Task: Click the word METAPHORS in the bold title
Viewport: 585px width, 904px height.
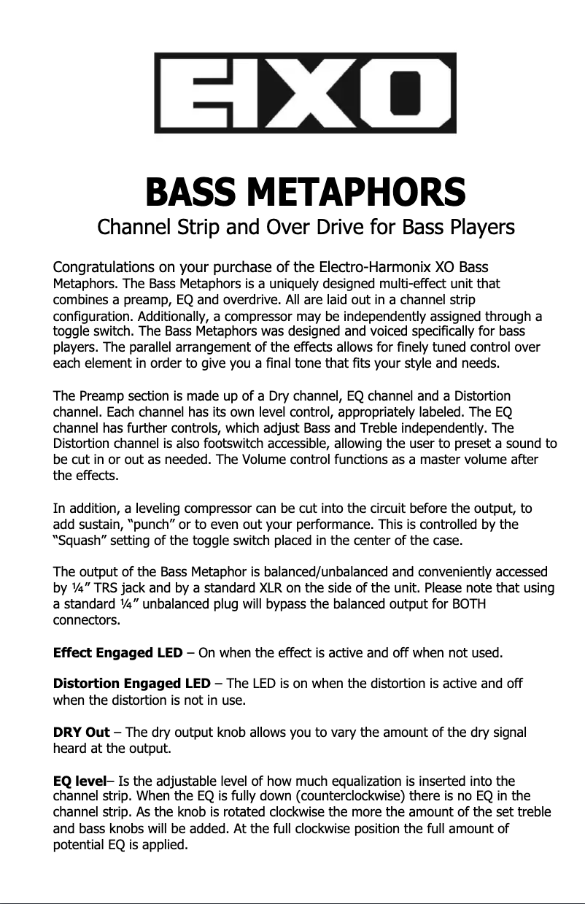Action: point(355,193)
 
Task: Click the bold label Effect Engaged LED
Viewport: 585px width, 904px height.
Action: point(118,652)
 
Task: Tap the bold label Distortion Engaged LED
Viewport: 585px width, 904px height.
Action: point(132,684)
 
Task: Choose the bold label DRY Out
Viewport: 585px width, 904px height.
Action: point(82,733)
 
